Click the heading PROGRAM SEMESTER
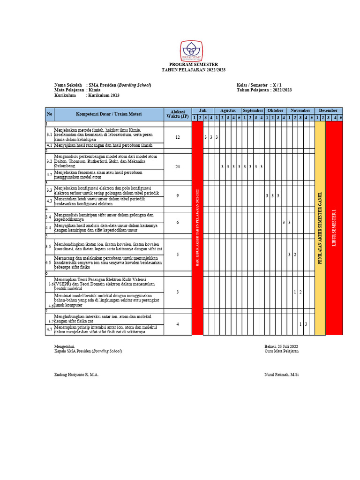tap(194, 64)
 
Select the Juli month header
tap(203, 110)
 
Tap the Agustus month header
tap(228, 110)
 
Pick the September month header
tap(253, 110)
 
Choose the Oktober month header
tap(275, 110)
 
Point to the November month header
tap(300, 110)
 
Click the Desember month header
tap(328, 110)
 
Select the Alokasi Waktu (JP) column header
tap(177, 113)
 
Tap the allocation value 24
tap(177, 167)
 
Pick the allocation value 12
tap(177, 137)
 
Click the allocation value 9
tap(177, 195)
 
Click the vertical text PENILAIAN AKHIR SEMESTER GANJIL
tap(320, 227)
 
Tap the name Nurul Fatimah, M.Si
tap(281, 375)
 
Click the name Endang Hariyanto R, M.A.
tap(76, 375)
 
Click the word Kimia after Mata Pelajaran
tap(95, 90)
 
